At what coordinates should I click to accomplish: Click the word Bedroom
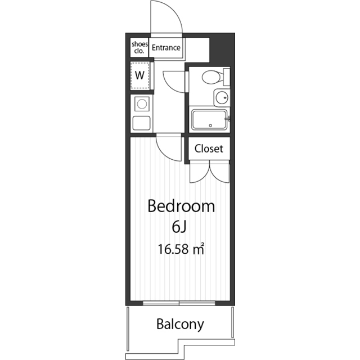tap(181, 206)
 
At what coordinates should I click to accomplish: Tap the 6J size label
tap(179, 227)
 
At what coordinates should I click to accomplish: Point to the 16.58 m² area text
tap(181, 249)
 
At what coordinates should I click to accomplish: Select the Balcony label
tap(180, 324)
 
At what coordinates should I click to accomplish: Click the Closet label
tap(209, 148)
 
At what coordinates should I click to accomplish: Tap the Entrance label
tap(166, 48)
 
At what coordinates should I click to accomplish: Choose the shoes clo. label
tap(139, 47)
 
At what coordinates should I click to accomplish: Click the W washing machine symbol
tap(139, 75)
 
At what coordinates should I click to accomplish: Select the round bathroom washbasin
tap(222, 98)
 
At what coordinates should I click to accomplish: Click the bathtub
tap(209, 120)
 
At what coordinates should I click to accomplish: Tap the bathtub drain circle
tap(210, 125)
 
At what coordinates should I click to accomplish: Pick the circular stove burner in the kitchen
tap(142, 103)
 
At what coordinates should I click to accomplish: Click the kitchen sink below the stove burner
tap(141, 123)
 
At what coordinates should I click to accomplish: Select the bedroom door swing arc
tap(164, 152)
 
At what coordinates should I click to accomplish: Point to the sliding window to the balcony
tap(179, 303)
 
